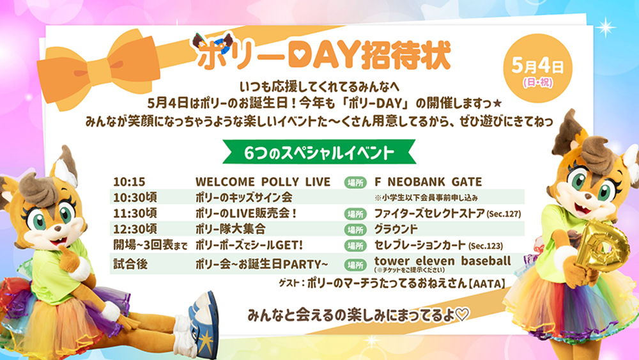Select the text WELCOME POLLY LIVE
tap(263, 182)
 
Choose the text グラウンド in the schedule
tap(396, 229)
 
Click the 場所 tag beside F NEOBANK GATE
tap(354, 182)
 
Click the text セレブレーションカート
tap(420, 245)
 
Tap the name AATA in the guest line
tap(487, 282)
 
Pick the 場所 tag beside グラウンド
tap(354, 229)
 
